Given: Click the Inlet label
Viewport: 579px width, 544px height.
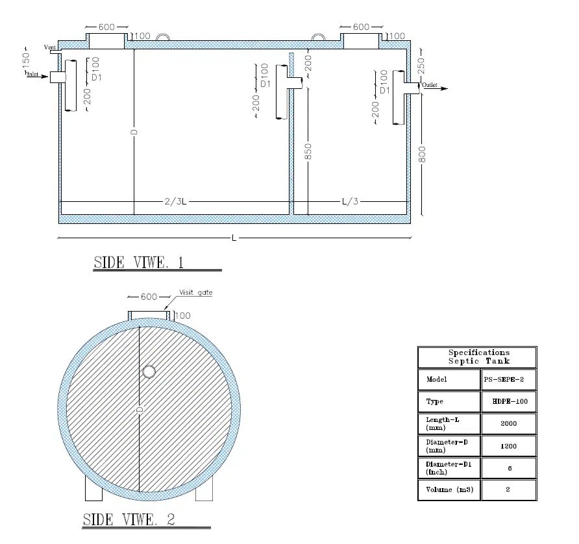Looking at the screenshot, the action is coord(32,74).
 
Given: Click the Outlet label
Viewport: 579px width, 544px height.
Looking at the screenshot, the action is coord(430,85).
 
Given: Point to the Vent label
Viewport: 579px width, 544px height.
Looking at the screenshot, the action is coord(50,47).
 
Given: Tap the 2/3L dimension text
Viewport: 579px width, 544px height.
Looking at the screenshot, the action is coord(175,202).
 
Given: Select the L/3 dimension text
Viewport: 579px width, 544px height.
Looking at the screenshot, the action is coord(350,201).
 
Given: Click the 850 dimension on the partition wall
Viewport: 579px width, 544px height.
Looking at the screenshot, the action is coord(308,152).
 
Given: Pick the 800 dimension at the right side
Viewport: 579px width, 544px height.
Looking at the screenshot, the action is coord(422,154).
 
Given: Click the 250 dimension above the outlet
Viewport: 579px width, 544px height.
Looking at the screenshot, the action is coord(421,66).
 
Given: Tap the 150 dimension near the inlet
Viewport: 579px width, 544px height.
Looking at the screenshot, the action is coord(26,60).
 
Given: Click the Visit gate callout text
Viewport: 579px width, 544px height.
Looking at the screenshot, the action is coord(196,293).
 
